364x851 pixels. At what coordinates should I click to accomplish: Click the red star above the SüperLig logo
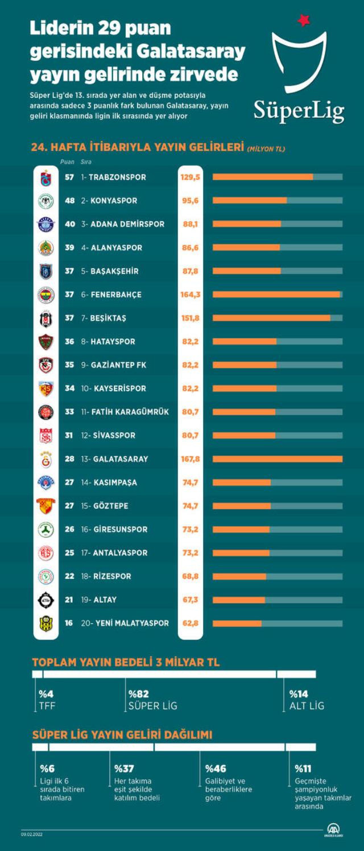(304, 21)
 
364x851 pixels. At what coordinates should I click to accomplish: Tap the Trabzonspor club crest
(45, 178)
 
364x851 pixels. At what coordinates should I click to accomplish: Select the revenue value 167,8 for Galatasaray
(191, 459)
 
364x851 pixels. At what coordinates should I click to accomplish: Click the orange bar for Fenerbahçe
(276, 294)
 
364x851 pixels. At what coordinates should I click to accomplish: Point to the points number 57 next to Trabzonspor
(69, 177)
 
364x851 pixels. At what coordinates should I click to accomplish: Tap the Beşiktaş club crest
(45, 318)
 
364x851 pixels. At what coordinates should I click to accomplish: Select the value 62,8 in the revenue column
(191, 623)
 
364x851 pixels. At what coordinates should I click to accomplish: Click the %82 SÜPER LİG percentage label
(138, 694)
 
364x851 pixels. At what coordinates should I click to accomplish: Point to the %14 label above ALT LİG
(299, 694)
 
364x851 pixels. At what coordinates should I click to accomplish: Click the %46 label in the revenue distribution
(216, 769)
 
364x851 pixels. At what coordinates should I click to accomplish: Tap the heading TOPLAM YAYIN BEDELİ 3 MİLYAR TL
(126, 662)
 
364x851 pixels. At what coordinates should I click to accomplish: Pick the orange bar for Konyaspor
(250, 201)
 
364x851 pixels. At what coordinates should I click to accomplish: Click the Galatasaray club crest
(45, 459)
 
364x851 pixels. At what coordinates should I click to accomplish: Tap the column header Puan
(68, 162)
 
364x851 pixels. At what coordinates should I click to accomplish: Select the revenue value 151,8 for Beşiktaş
(191, 318)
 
